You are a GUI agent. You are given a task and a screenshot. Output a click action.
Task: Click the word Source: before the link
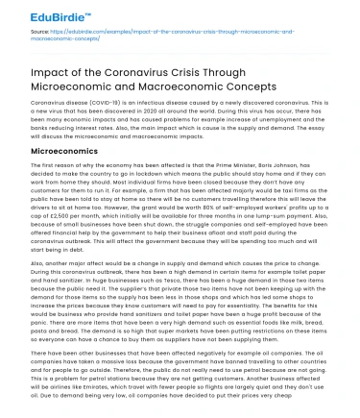[36, 36]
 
